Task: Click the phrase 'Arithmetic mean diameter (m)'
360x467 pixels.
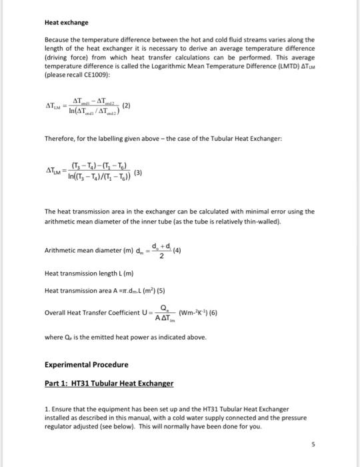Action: pos(85,251)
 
